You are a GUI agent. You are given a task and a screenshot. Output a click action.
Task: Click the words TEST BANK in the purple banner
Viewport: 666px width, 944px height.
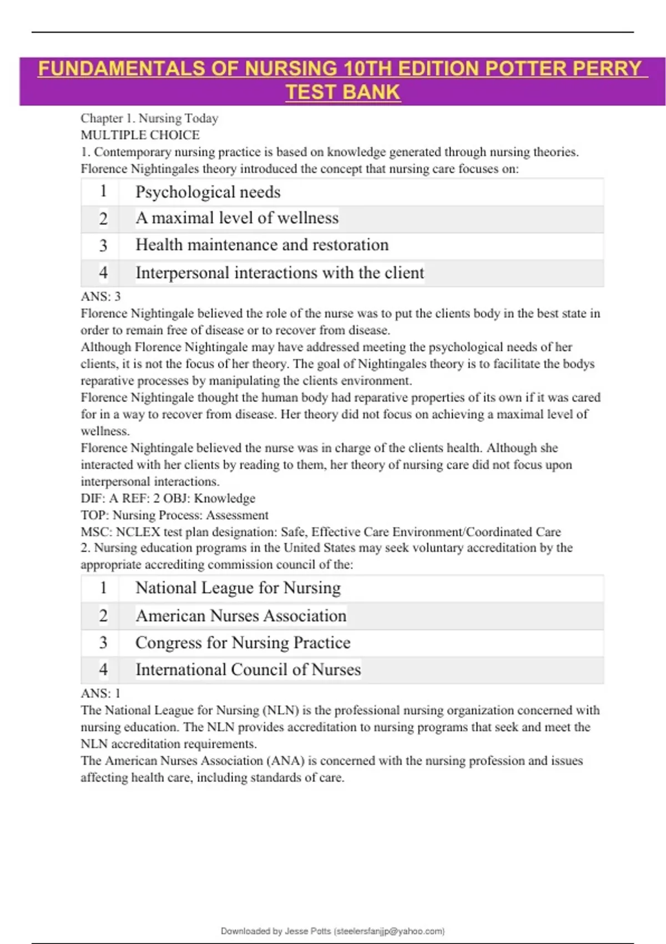[342, 92]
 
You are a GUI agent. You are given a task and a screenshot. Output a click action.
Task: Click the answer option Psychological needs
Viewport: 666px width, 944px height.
[208, 192]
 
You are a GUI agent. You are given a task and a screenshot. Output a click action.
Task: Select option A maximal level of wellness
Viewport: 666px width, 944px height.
[237, 218]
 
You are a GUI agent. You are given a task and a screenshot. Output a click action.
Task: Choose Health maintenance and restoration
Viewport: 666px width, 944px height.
[262, 245]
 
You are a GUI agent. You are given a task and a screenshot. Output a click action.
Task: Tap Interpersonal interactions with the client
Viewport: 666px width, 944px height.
[280, 273]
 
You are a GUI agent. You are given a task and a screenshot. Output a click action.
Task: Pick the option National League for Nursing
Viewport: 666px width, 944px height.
[238, 588]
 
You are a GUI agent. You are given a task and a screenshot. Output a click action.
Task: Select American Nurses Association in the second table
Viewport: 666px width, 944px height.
[241, 615]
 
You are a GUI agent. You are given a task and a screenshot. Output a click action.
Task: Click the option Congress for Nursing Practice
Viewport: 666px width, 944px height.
[243, 642]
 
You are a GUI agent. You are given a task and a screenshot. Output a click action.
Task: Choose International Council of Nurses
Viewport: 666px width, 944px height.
[248, 670]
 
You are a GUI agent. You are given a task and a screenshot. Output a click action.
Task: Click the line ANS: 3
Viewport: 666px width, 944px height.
[100, 297]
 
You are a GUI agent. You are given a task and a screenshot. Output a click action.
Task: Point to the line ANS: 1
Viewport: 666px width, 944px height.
[100, 693]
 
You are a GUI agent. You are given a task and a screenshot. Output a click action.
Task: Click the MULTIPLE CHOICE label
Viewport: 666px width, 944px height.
[140, 135]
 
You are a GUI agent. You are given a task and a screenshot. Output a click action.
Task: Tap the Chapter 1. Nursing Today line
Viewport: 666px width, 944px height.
[149, 118]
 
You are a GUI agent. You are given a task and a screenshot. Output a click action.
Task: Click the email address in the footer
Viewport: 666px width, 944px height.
[390, 931]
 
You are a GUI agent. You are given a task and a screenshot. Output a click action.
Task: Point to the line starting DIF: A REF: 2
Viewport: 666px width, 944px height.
[168, 498]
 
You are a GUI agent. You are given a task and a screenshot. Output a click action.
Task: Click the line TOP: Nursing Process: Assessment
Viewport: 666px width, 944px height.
[174, 515]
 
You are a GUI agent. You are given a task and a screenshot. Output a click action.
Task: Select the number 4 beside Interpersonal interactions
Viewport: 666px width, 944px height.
[103, 273]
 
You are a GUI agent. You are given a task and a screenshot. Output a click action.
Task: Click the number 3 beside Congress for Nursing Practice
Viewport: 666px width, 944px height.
[103, 642]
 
